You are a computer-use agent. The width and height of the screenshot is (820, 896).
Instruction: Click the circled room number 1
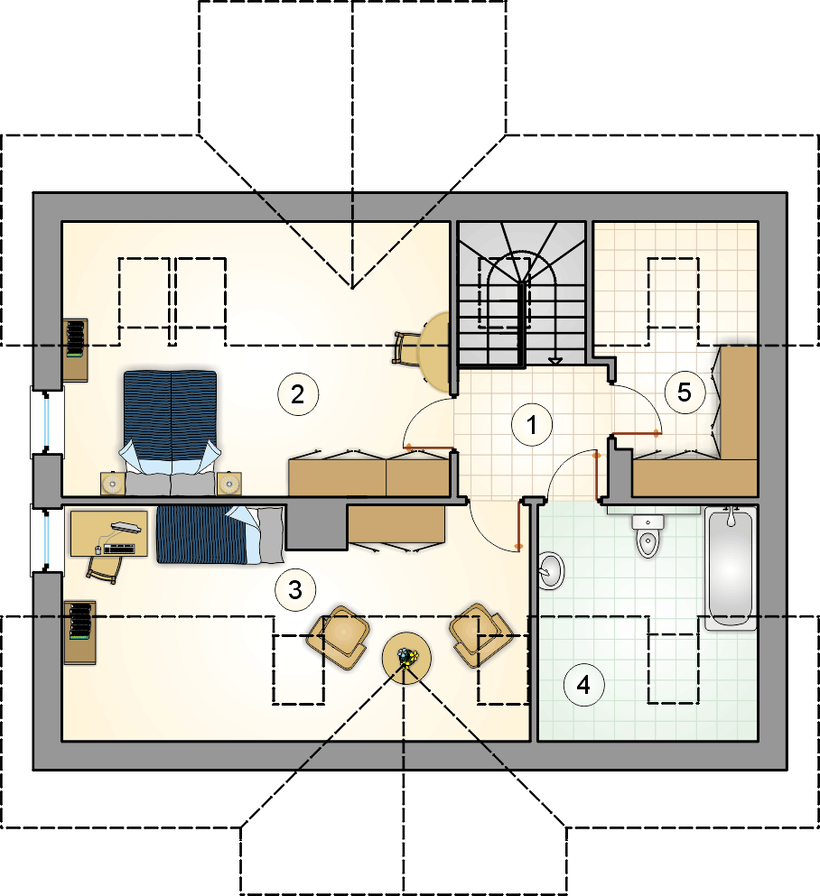point(532,425)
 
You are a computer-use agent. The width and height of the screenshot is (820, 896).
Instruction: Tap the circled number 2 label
point(297,394)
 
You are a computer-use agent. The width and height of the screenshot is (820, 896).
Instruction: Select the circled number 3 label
point(295,590)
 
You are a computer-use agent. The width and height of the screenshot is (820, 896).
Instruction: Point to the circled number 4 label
point(583,684)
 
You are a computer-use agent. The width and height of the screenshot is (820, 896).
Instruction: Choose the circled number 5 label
point(685,393)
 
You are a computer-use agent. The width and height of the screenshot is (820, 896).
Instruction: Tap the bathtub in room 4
point(731,568)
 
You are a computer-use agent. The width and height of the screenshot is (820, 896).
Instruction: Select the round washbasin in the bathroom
point(551,570)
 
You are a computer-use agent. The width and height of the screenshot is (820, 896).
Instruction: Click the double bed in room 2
point(171,432)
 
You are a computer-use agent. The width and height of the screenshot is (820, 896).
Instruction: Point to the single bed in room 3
point(220,534)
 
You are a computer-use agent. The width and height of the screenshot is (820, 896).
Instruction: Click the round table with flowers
point(406,657)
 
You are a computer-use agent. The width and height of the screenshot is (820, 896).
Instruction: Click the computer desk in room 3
point(109,533)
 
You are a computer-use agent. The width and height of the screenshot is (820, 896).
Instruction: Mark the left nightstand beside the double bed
point(113,484)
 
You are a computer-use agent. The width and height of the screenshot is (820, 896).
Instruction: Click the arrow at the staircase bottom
point(555,361)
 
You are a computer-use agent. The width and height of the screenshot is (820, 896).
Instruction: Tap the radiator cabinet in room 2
point(75,350)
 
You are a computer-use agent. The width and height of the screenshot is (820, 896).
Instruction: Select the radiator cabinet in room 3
point(79,632)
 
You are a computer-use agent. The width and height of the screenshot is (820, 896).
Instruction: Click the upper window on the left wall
point(47,421)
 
